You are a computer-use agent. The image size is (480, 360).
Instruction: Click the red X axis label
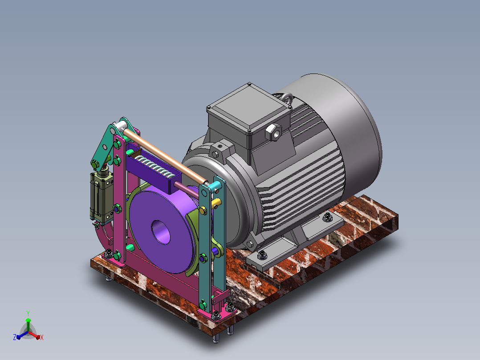pyautogui.click(x=42, y=337)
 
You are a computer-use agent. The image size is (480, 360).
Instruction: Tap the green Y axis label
pyautogui.click(x=28, y=313)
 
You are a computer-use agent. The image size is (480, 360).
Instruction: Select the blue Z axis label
pyautogui.click(x=15, y=337)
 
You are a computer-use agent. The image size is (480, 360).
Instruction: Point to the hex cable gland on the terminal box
pyautogui.click(x=273, y=132)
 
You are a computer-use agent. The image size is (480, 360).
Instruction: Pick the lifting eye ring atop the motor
pyautogui.click(x=288, y=98)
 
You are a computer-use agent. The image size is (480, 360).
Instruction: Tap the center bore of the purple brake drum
pyautogui.click(x=161, y=232)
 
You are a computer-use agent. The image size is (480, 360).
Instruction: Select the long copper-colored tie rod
pyautogui.click(x=165, y=156)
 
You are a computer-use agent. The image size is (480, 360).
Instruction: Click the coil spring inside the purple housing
pyautogui.click(x=155, y=167)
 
